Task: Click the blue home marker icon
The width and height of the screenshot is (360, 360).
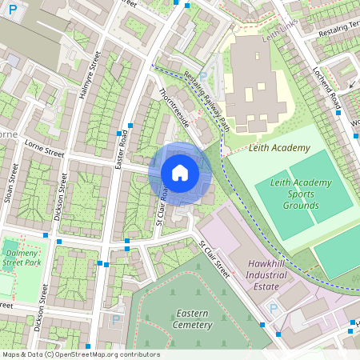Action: pos(180,173)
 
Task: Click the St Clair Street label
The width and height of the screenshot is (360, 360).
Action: pos(214,259)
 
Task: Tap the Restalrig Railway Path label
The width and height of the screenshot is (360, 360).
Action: pos(206,102)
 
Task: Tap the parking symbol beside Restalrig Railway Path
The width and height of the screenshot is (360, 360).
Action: pos(202,76)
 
